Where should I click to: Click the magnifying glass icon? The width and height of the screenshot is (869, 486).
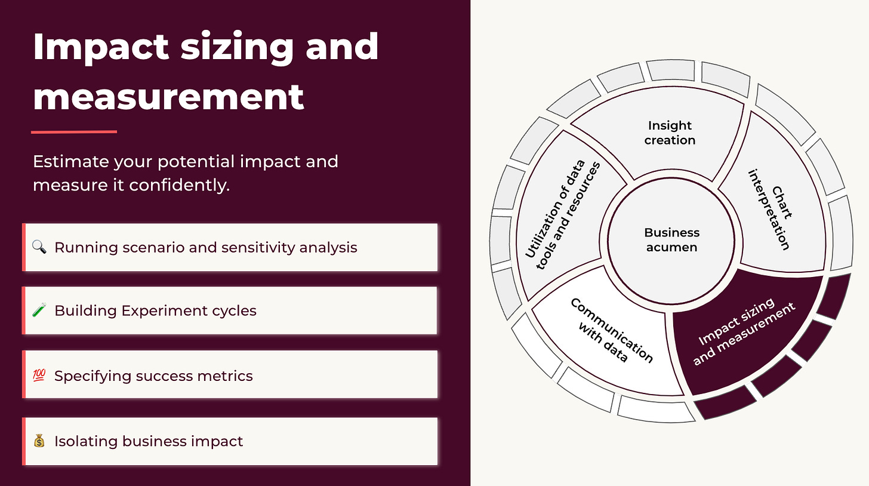39,247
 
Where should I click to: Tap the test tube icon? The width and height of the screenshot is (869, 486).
39,311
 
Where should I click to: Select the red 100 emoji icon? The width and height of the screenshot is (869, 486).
39,376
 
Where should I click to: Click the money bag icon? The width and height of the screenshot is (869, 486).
39,442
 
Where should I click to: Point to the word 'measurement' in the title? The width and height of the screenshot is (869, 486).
168,96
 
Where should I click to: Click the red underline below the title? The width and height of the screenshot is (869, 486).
74,132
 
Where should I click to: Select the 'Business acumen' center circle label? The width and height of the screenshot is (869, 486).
671,240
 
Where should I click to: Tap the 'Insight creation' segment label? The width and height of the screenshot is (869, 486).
670,133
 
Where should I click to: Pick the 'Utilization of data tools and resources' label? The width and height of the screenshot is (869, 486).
562,215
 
